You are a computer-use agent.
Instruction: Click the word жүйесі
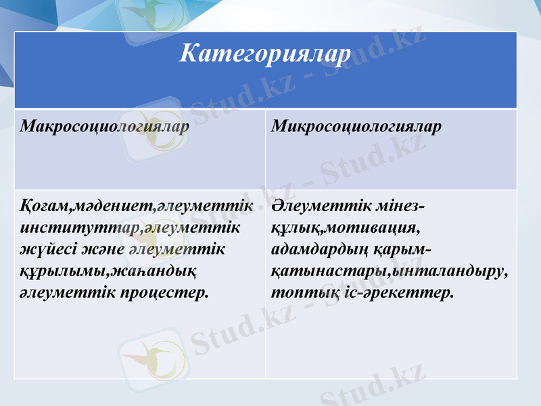pos(45,250)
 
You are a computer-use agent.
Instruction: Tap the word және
pos(102,250)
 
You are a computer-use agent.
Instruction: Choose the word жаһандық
pos(149,271)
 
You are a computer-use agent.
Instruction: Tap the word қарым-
pos(402,250)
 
